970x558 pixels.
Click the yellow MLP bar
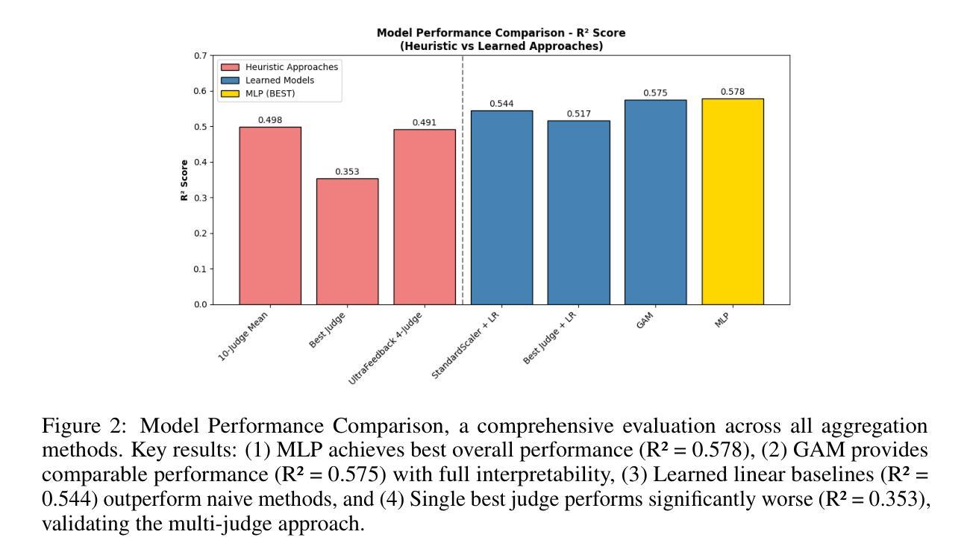pyautogui.click(x=732, y=201)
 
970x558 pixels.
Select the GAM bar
pyautogui.click(x=655, y=202)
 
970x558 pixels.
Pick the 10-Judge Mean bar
pyautogui.click(x=270, y=216)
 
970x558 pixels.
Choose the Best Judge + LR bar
pyautogui.click(x=578, y=213)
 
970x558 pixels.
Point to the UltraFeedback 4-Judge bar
pyautogui.click(x=424, y=217)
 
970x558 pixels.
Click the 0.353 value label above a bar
pyautogui.click(x=347, y=172)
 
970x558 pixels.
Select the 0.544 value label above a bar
pyautogui.click(x=501, y=104)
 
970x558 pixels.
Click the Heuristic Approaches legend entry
pyautogui.click(x=287, y=67)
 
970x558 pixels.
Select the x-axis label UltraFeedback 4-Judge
pyautogui.click(x=387, y=349)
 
